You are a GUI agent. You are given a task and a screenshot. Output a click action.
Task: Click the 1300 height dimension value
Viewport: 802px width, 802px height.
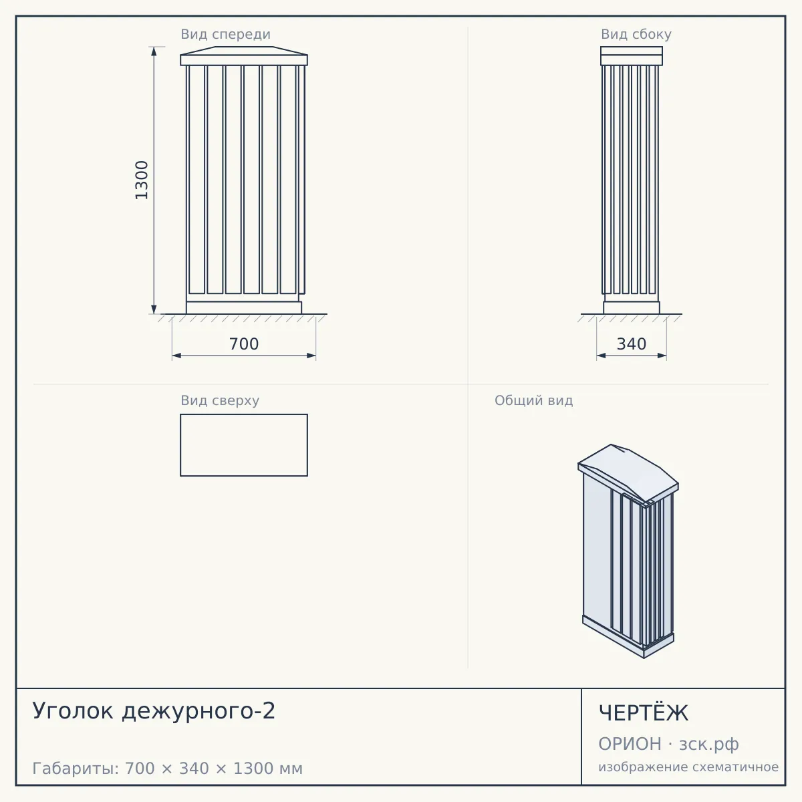(x=142, y=180)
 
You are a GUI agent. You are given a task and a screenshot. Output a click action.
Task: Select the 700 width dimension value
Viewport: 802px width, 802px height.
(x=244, y=344)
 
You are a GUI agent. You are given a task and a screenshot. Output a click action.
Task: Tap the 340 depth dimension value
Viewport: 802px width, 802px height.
(x=632, y=344)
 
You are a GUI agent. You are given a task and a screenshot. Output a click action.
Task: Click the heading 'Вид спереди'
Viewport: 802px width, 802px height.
(x=226, y=34)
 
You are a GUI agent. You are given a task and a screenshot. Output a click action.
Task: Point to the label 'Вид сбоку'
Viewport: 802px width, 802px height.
(x=636, y=34)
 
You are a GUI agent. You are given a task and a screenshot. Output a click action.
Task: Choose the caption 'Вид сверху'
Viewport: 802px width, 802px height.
(x=220, y=400)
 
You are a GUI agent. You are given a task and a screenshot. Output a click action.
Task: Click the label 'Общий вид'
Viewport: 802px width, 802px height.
(x=533, y=400)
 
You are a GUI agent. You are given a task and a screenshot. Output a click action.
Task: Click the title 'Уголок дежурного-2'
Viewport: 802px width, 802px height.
(x=154, y=711)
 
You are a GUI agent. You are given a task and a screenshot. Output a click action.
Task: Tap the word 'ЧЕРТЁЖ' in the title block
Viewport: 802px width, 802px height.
(x=644, y=713)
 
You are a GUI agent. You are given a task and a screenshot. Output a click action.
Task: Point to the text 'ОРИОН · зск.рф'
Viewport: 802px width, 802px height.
(x=668, y=744)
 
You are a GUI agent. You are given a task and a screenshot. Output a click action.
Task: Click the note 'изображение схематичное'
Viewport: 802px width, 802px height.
(x=688, y=767)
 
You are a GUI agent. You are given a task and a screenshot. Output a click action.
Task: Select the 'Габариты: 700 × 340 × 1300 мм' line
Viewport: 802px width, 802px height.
(x=167, y=769)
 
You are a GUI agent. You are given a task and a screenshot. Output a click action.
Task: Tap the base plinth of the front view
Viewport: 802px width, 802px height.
(x=244, y=307)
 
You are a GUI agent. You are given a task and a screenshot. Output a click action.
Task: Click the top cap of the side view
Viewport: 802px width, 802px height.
(x=632, y=55)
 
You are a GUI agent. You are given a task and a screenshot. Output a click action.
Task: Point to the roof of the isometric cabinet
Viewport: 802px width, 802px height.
(x=628, y=473)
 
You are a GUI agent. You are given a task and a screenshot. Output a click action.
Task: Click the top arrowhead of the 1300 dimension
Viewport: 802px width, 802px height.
(x=154, y=51)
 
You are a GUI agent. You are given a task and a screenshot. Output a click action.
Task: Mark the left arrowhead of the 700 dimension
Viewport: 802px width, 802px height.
(x=176, y=356)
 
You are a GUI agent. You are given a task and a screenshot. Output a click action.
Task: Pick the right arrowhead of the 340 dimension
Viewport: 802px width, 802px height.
(x=662, y=356)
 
